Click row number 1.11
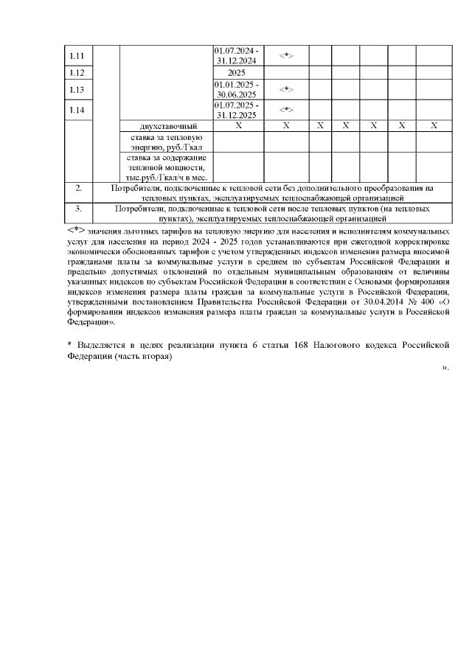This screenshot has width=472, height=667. click(77, 56)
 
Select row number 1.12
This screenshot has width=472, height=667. click(77, 73)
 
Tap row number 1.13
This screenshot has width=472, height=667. click(77, 90)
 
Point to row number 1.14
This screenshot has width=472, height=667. click(77, 110)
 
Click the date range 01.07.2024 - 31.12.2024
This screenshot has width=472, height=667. click(236, 55)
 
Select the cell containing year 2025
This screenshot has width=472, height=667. click(236, 73)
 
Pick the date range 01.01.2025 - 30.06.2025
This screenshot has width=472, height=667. click(236, 90)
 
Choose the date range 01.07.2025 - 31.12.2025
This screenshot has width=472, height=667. click(236, 110)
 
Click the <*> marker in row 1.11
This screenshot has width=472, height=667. click(286, 56)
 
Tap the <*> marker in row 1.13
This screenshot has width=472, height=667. click(286, 90)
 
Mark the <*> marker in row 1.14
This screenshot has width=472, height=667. click(286, 110)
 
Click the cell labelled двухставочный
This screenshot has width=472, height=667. click(166, 126)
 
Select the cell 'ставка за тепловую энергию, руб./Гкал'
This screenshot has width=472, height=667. click(166, 142)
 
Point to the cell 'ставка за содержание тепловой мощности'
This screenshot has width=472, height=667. click(166, 167)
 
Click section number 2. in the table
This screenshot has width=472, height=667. click(78, 189)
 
